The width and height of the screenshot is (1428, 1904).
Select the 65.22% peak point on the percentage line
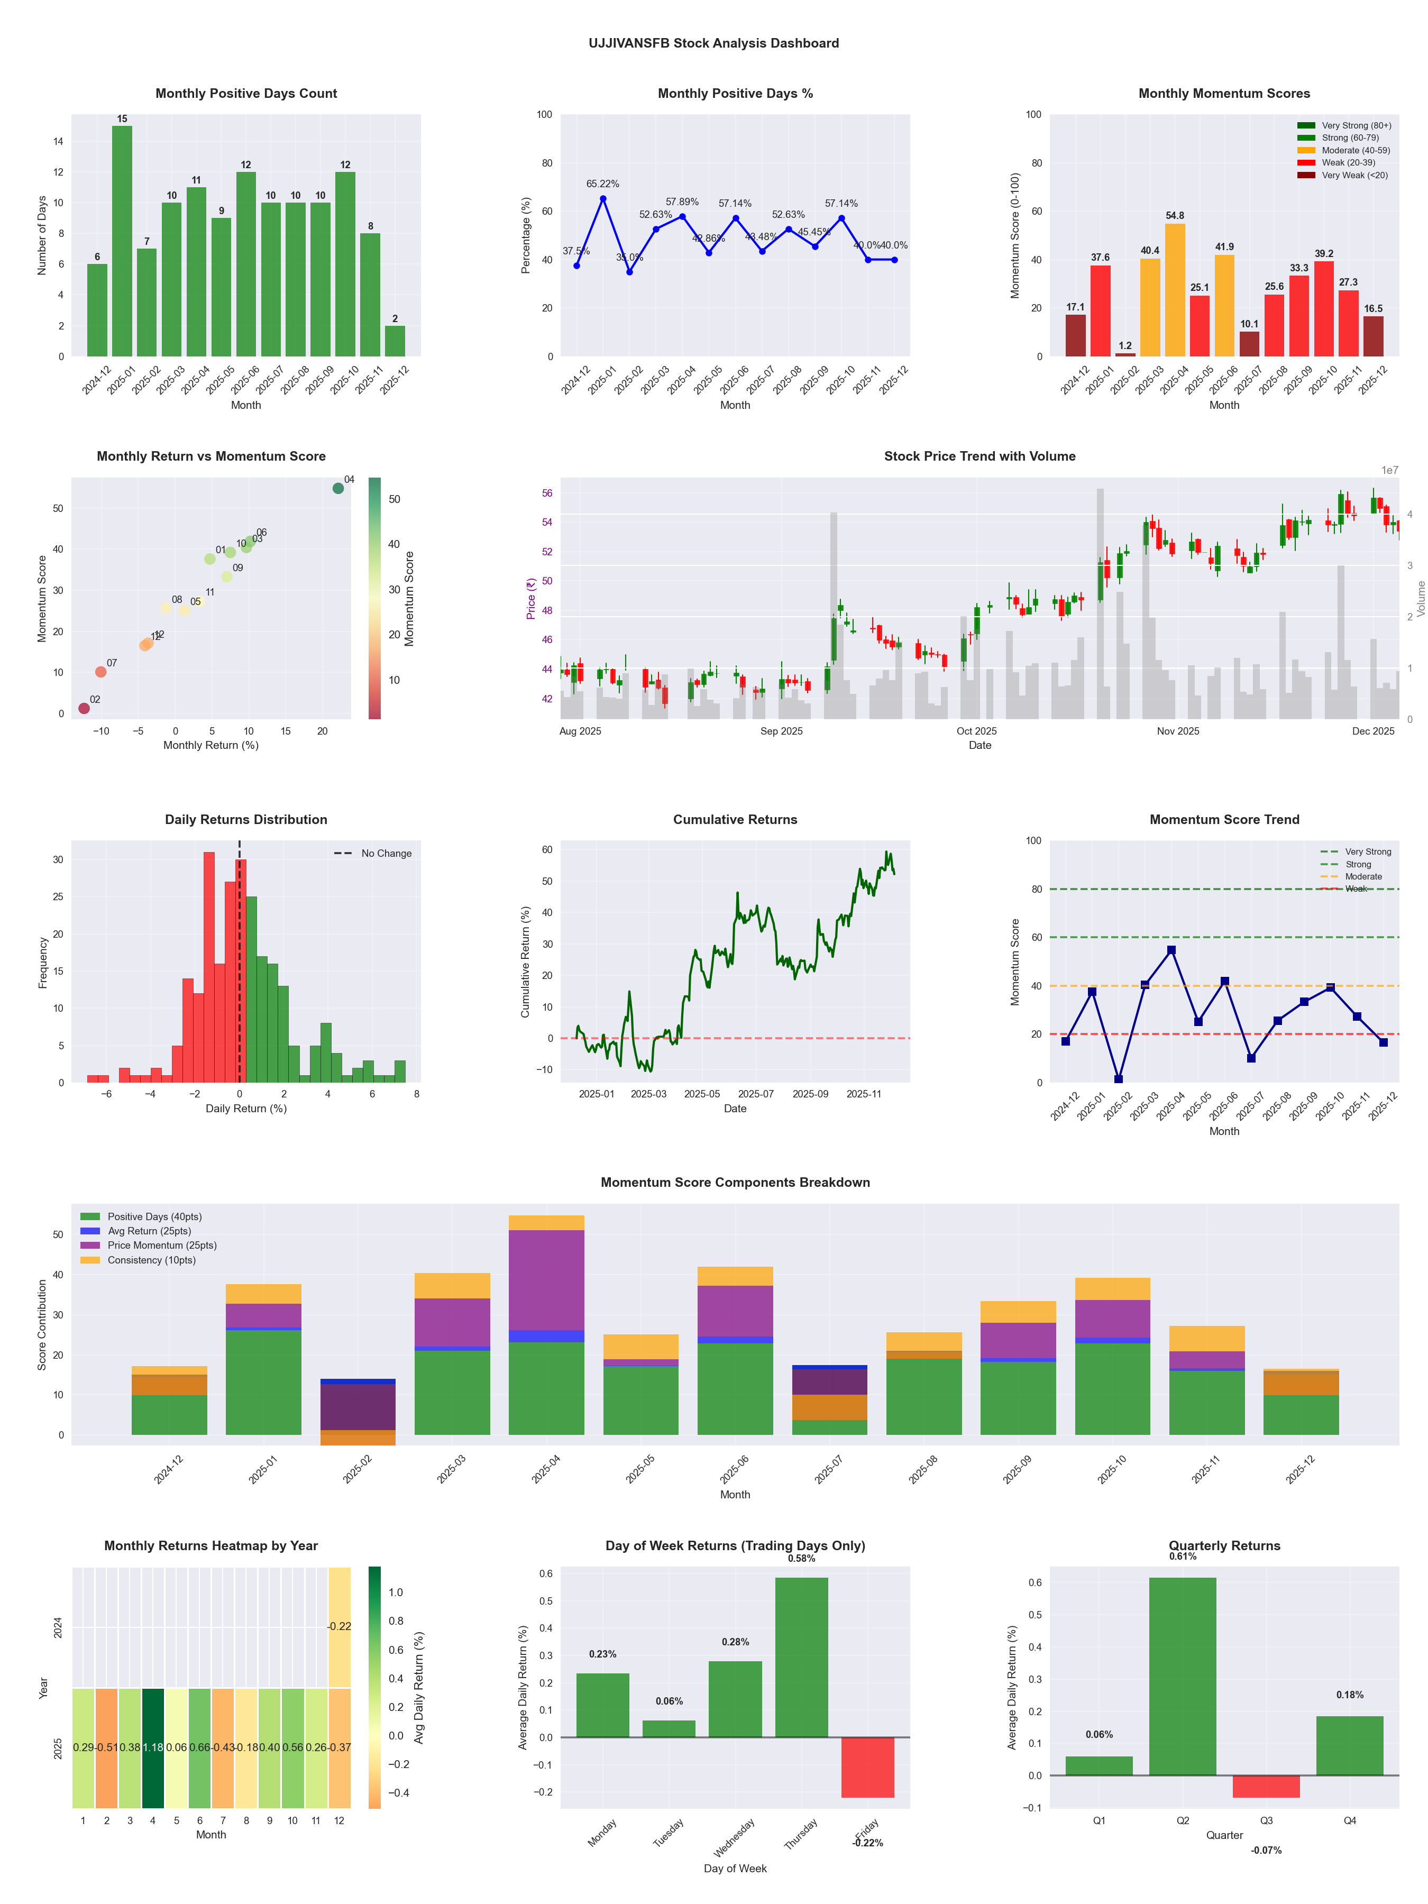[x=602, y=199]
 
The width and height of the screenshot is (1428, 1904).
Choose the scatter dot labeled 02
[x=84, y=708]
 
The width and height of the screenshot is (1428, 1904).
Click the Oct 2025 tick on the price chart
[x=976, y=731]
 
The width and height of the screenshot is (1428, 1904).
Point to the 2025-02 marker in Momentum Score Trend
[x=1118, y=1079]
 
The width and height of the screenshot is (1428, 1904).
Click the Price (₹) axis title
[x=531, y=598]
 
